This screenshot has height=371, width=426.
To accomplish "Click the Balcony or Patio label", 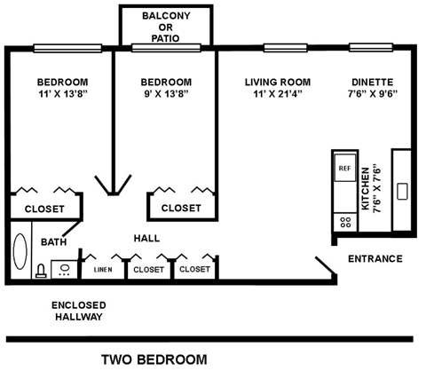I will click(x=166, y=27).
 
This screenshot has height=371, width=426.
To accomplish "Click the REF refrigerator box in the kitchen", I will click(x=343, y=167).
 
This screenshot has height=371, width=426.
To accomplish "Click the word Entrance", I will click(x=375, y=259).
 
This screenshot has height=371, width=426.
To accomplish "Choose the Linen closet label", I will click(x=102, y=269).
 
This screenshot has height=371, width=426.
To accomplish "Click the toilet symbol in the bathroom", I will click(x=41, y=272).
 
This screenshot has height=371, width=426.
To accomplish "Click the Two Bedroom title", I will click(x=154, y=359).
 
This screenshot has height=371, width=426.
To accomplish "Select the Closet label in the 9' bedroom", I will click(x=181, y=208).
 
